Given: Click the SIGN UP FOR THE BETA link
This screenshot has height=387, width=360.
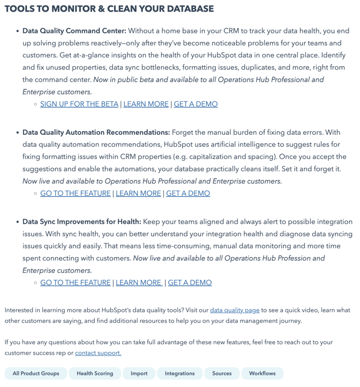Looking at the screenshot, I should pyautogui.click(x=79, y=104).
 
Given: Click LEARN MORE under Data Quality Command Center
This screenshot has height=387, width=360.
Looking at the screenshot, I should pyautogui.click(x=146, y=104).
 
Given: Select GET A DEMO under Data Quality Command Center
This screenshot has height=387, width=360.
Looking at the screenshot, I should pyautogui.click(x=196, y=104).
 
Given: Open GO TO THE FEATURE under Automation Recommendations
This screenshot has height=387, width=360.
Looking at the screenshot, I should pyautogui.click(x=75, y=193).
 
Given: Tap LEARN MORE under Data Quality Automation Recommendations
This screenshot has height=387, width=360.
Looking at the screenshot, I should pyautogui.click(x=138, y=193).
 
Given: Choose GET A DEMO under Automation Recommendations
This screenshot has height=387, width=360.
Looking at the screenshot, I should pyautogui.click(x=188, y=193).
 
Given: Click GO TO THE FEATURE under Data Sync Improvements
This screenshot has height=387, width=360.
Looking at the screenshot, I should pyautogui.click(x=75, y=283).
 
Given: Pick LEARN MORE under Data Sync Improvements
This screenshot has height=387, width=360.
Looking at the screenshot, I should pyautogui.click(x=138, y=283).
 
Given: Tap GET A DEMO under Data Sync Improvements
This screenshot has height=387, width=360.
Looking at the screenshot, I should pyautogui.click(x=190, y=283).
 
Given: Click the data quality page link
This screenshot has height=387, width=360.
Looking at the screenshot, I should pyautogui.click(x=235, y=310).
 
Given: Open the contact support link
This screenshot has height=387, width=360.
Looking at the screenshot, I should pyautogui.click(x=98, y=353).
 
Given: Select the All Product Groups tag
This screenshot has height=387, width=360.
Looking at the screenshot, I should pyautogui.click(x=36, y=374).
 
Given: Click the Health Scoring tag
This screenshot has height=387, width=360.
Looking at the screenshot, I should pyautogui.click(x=95, y=374).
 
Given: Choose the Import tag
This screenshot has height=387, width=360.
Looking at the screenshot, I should pyautogui.click(x=139, y=374).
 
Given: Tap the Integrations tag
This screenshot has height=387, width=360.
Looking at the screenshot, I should pyautogui.click(x=180, y=374).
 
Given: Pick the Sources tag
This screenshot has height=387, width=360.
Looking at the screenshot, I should pyautogui.click(x=221, y=374).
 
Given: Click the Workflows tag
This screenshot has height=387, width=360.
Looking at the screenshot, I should pyautogui.click(x=262, y=374).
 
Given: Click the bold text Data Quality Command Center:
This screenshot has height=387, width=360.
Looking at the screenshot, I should pyautogui.click(x=74, y=31).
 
